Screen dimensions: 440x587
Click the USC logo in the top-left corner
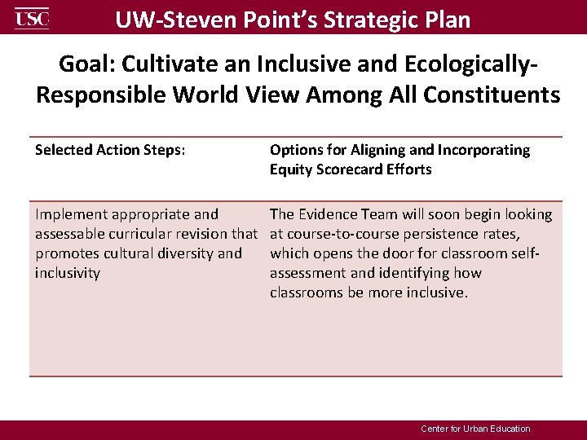[32, 17]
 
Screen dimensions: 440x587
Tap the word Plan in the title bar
[446, 19]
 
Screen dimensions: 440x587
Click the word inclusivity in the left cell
[67, 273]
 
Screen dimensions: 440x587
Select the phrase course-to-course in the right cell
[338, 234]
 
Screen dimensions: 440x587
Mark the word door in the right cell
[395, 253]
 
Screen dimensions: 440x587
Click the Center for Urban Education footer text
[475, 429]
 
